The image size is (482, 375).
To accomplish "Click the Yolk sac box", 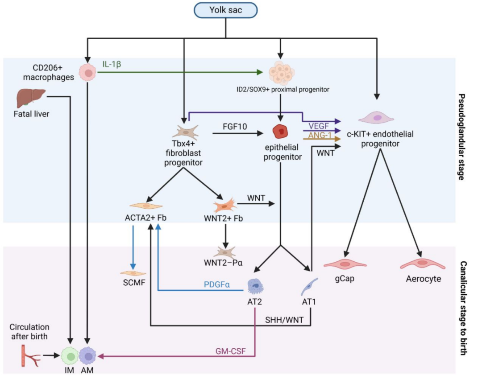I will point(226,10).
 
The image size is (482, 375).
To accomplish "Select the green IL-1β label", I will point(112,64).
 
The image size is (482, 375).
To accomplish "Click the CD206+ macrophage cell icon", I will point(88,73).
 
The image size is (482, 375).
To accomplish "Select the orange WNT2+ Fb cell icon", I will point(225,205).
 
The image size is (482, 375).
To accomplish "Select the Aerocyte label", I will point(423,279).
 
